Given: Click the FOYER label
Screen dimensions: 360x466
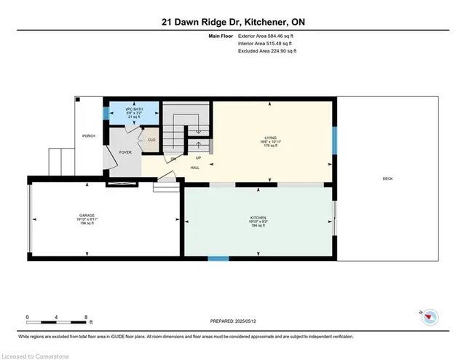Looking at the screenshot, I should coord(125,153).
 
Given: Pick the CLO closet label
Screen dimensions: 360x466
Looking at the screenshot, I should coord(151,140).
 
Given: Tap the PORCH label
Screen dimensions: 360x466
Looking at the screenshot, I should coord(88,136).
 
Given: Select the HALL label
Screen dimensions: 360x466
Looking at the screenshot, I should coord(195,168).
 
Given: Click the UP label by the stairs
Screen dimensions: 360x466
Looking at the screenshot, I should coord(198,157).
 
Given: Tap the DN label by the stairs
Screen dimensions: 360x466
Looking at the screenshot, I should coord(173,158).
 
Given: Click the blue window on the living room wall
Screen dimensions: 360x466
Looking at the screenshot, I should coord(334,140).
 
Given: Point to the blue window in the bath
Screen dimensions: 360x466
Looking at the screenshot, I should coord(106,114).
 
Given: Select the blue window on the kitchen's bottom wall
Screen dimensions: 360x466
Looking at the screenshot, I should coord(218,258).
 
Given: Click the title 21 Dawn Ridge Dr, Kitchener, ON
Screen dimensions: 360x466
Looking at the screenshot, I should coord(232,23).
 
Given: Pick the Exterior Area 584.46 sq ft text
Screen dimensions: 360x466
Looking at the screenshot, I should coord(268,36).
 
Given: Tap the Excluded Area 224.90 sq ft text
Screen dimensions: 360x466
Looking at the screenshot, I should coord(268,52).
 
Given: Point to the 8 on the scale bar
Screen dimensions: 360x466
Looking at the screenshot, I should coord(86,318).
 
